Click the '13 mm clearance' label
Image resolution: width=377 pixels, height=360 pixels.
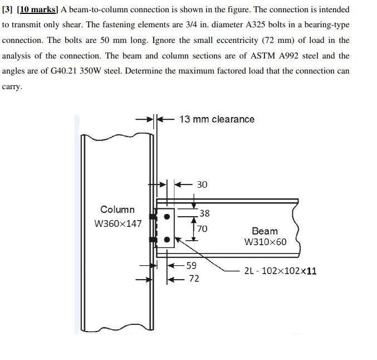217,119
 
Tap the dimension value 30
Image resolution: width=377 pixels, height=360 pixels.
202,184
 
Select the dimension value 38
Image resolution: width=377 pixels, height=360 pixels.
204,213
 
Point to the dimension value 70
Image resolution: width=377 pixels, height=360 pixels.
202,228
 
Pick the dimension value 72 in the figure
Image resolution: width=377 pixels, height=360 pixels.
193,278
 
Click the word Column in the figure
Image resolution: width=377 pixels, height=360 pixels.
117,210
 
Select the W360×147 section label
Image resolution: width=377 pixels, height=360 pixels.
117,224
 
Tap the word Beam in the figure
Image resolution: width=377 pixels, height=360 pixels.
265,231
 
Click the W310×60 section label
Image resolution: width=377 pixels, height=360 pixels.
265,242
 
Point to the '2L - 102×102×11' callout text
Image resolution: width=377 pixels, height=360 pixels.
281,271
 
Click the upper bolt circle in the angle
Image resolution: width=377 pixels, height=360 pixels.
166,217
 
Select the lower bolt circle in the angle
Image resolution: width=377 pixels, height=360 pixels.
166,240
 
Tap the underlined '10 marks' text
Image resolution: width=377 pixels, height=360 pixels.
38,9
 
